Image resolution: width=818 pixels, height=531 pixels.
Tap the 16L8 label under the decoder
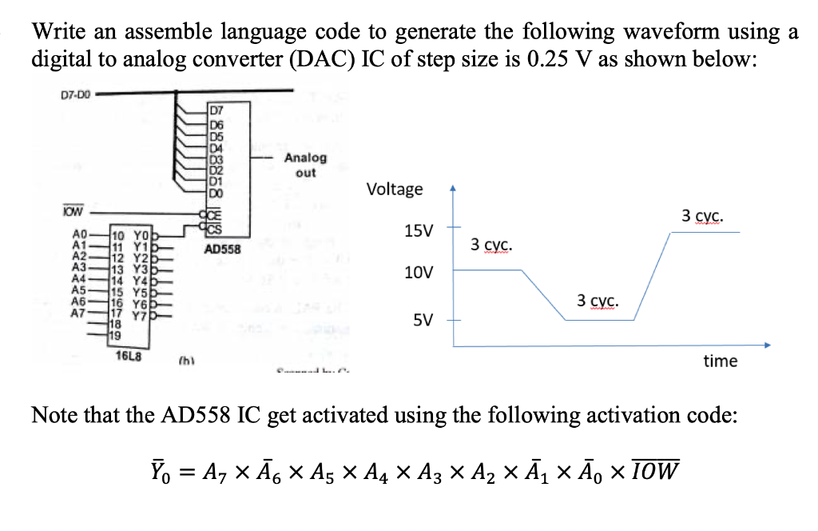(128, 353)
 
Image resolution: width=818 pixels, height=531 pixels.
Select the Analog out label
(305, 166)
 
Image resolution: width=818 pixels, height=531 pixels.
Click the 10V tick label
(419, 273)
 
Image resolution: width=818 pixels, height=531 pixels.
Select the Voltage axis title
(395, 190)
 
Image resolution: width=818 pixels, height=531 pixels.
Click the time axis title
(720, 361)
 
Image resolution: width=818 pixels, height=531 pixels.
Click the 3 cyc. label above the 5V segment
(598, 301)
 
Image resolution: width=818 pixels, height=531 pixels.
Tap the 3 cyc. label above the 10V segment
(491, 243)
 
